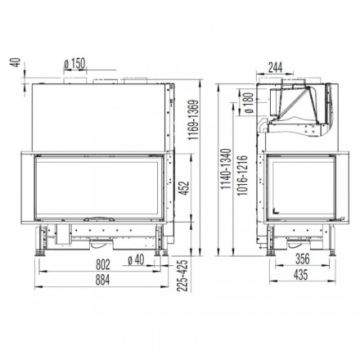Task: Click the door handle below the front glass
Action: click(x=98, y=220)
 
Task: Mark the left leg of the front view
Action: click(x=38, y=244)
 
